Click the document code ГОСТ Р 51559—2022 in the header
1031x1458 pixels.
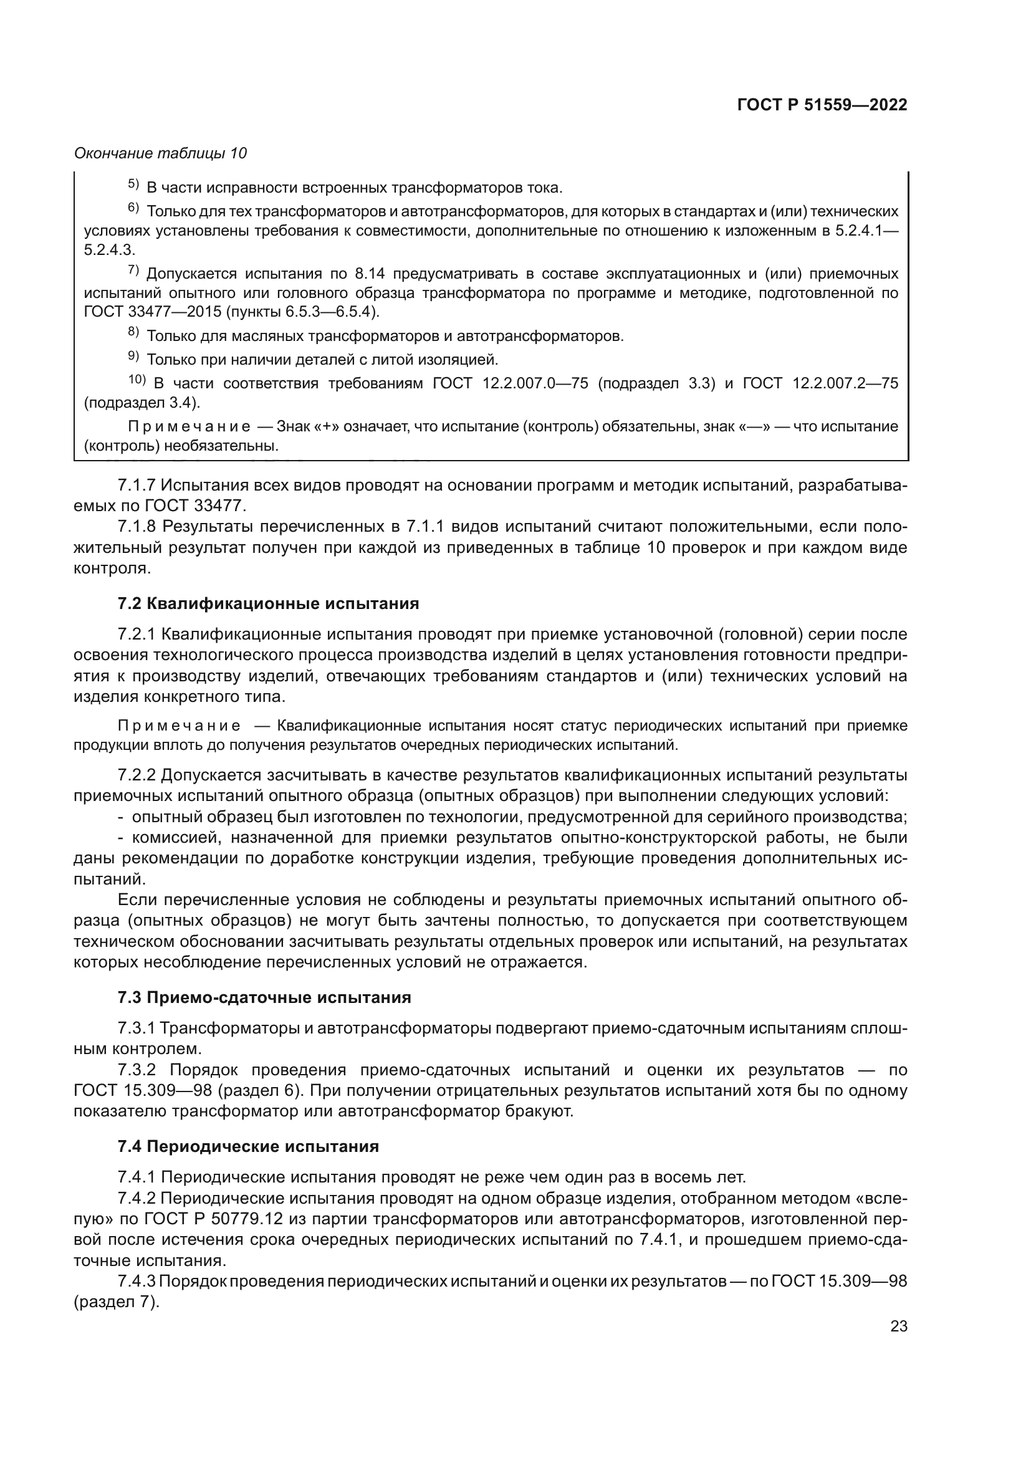pos(822,105)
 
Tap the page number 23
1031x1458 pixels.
pos(898,1326)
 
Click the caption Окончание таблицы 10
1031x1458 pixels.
pos(161,153)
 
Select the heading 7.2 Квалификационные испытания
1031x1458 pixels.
pos(268,603)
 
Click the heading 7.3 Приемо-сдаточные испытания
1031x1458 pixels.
pos(264,997)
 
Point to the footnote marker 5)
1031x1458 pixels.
pos(133,185)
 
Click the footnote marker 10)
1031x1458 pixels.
pos(137,380)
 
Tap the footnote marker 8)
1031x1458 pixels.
pos(133,332)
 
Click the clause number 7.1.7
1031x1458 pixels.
pos(137,485)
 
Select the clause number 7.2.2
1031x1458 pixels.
pos(137,775)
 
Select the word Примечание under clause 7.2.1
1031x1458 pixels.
pos(179,726)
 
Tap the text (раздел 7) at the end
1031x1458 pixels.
pos(116,1302)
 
